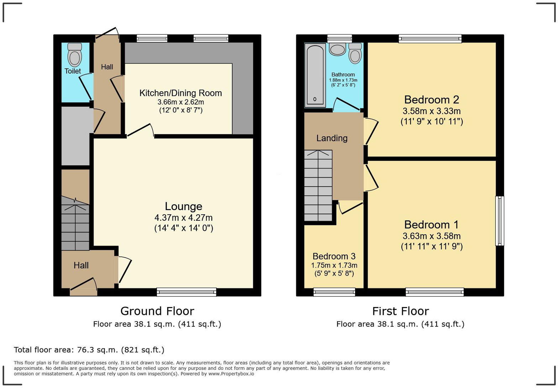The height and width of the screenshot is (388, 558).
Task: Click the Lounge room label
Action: pyautogui.click(x=183, y=206)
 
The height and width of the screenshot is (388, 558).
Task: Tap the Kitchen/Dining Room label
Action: pyautogui.click(x=180, y=93)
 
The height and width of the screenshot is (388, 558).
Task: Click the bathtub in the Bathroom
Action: pyautogui.click(x=315, y=75)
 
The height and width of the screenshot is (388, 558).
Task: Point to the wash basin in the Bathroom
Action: pyautogui.click(x=337, y=49)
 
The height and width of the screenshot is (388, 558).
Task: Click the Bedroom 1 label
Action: pyautogui.click(x=431, y=225)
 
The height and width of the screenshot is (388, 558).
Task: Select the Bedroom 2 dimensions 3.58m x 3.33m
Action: pyautogui.click(x=431, y=111)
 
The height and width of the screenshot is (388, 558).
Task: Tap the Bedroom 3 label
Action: pyautogui.click(x=334, y=256)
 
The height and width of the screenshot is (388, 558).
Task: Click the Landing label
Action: pyautogui.click(x=332, y=138)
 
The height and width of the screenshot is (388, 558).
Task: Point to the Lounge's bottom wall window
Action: pyautogui.click(x=186, y=292)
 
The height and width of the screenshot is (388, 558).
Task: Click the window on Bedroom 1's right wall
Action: pyautogui.click(x=500, y=221)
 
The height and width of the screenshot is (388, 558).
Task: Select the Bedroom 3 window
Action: pyautogui.click(x=334, y=292)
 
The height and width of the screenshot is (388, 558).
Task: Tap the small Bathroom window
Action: pyautogui.click(x=339, y=38)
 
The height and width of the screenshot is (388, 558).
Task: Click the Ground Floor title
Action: pyautogui.click(x=157, y=311)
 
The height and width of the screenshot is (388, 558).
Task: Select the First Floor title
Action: pyautogui.click(x=400, y=311)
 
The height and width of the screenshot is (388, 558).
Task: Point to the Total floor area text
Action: pyautogui.click(x=89, y=350)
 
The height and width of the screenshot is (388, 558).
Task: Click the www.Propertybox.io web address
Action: pyautogui.click(x=231, y=374)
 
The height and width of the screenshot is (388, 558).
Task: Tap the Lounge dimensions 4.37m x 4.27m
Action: pyautogui.click(x=183, y=218)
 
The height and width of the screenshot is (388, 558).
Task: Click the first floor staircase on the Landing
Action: pyautogui.click(x=318, y=185)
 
